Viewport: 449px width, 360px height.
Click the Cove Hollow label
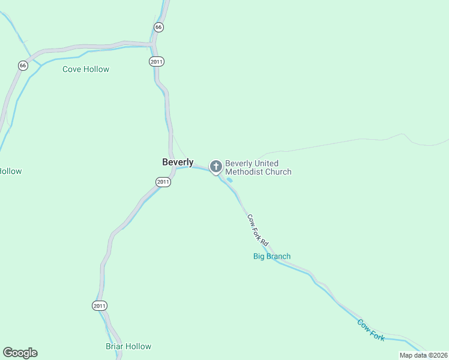86,69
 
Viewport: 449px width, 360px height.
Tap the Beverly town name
178,162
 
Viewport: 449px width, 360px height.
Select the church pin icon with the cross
215,166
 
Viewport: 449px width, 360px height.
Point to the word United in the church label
267,163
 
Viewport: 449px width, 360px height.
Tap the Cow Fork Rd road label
258,229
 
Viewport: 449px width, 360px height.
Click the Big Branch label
271,256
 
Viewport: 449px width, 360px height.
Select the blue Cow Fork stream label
370,330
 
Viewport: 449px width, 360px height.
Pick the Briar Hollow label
128,346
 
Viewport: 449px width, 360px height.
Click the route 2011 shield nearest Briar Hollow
100,305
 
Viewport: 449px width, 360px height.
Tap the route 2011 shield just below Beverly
163,182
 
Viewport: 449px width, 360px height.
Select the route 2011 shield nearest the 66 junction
157,61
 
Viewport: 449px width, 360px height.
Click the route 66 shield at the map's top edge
158,27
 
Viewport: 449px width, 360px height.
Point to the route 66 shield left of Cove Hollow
23,65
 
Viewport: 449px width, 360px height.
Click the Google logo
20,353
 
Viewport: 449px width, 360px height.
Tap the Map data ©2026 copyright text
423,355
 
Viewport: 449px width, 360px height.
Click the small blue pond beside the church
229,179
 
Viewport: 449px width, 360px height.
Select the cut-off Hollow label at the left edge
10,171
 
